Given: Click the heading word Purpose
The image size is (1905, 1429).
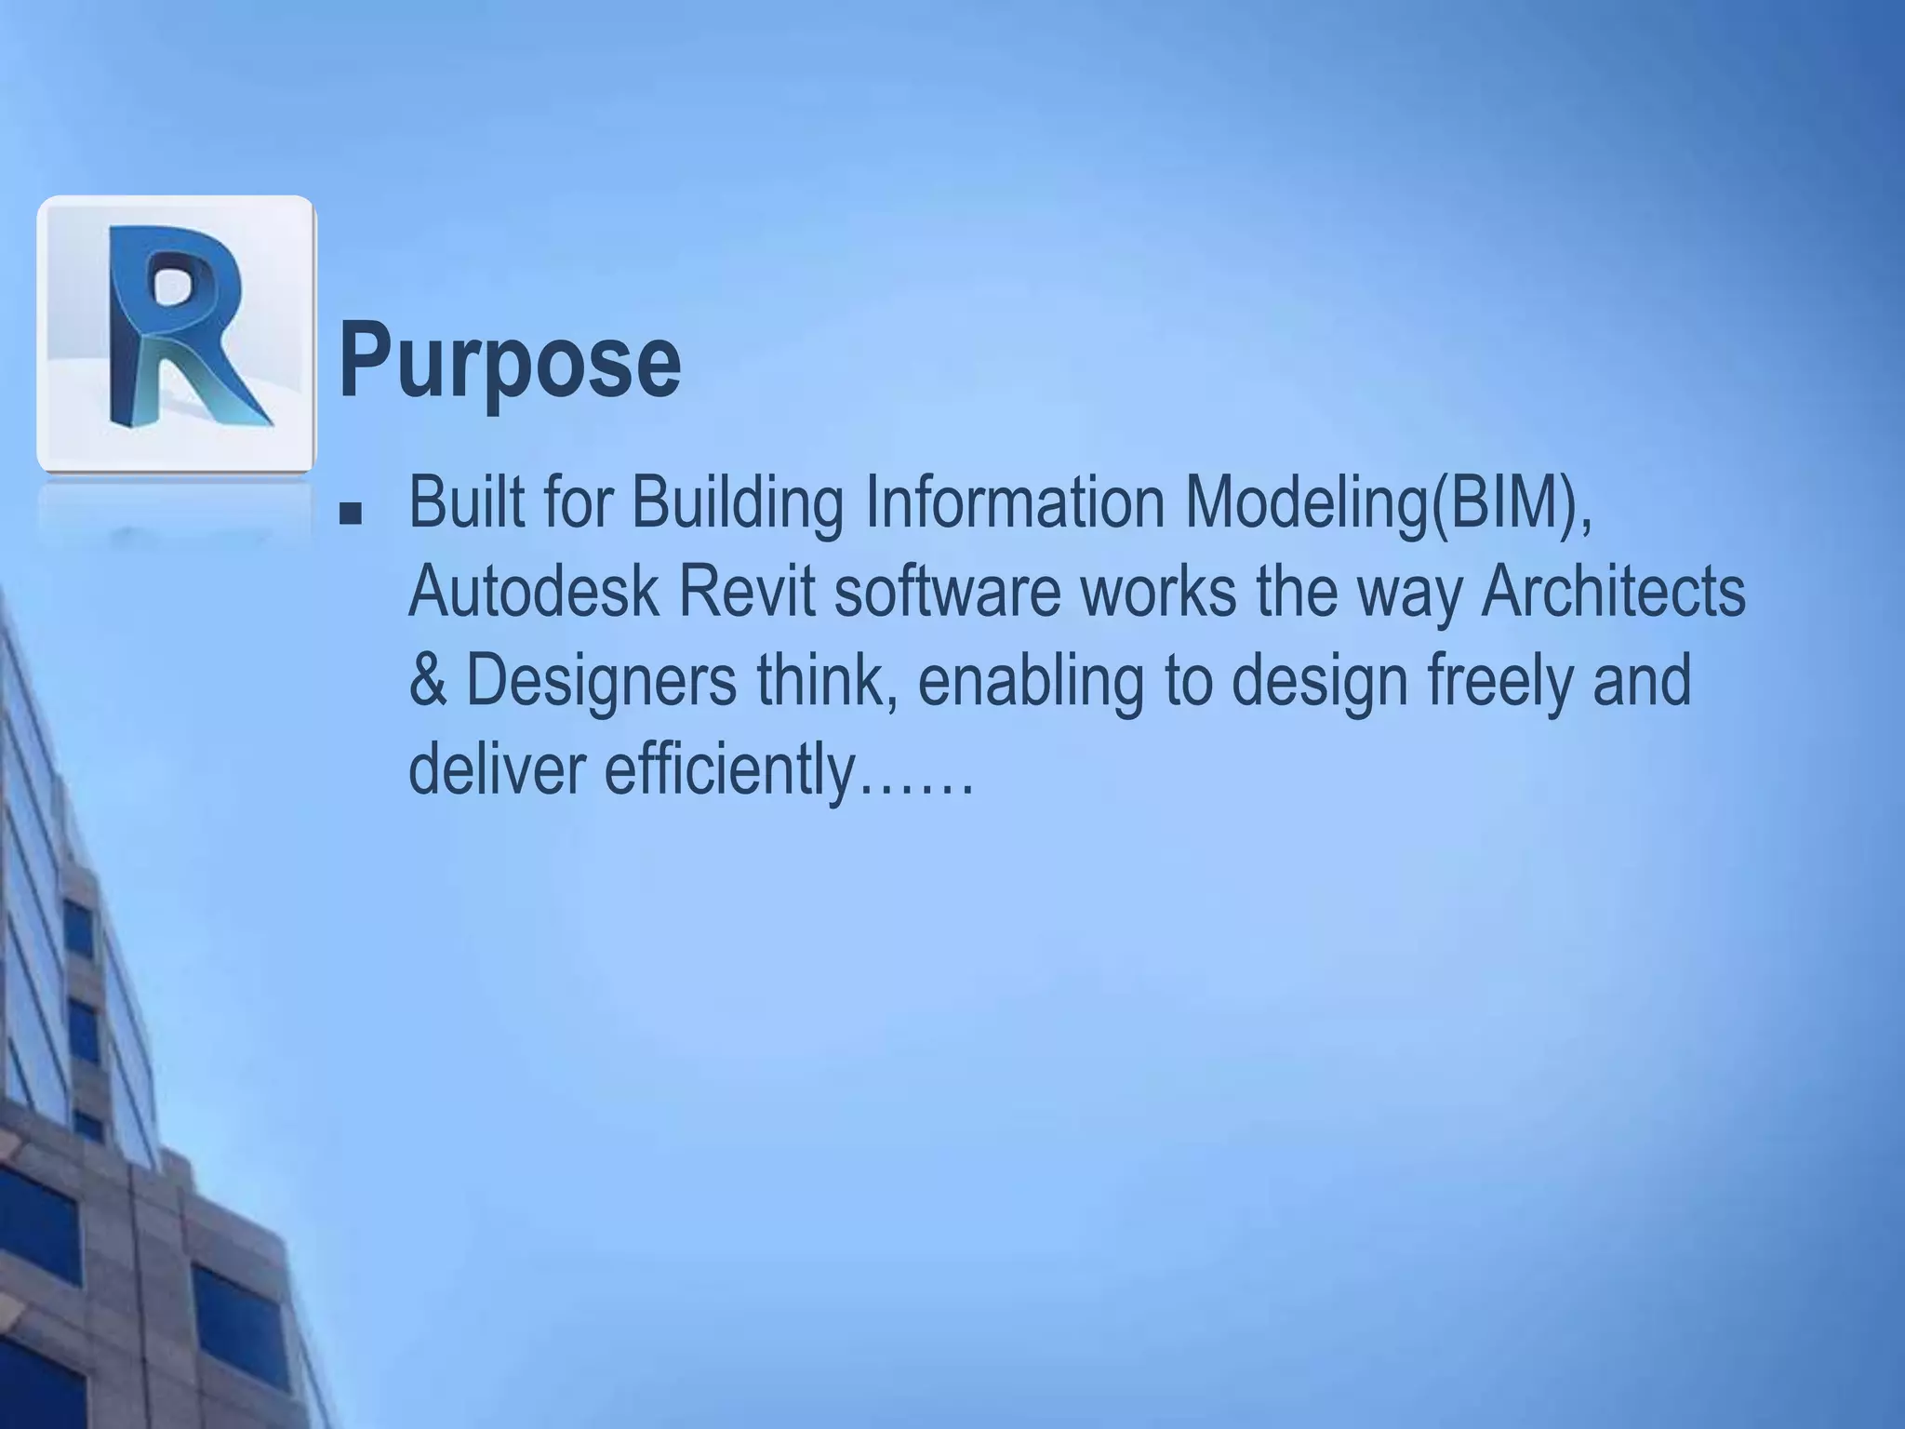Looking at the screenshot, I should click(x=509, y=361).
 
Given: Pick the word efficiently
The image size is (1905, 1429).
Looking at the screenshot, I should click(x=728, y=770).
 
